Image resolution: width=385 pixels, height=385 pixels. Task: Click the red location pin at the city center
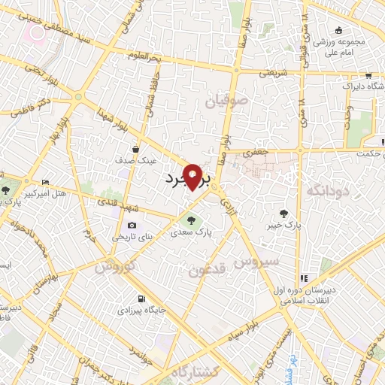(193, 177)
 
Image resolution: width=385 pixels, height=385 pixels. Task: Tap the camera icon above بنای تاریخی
(132, 225)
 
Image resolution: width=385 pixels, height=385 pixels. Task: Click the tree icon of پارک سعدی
(188, 220)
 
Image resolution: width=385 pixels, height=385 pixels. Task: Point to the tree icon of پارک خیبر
(283, 213)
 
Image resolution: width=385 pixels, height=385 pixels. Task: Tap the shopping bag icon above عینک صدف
(135, 149)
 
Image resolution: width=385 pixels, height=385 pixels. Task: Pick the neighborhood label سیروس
(256, 262)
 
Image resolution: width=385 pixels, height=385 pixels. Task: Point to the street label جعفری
(255, 153)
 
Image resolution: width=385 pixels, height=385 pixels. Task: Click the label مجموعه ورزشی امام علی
(341, 47)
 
